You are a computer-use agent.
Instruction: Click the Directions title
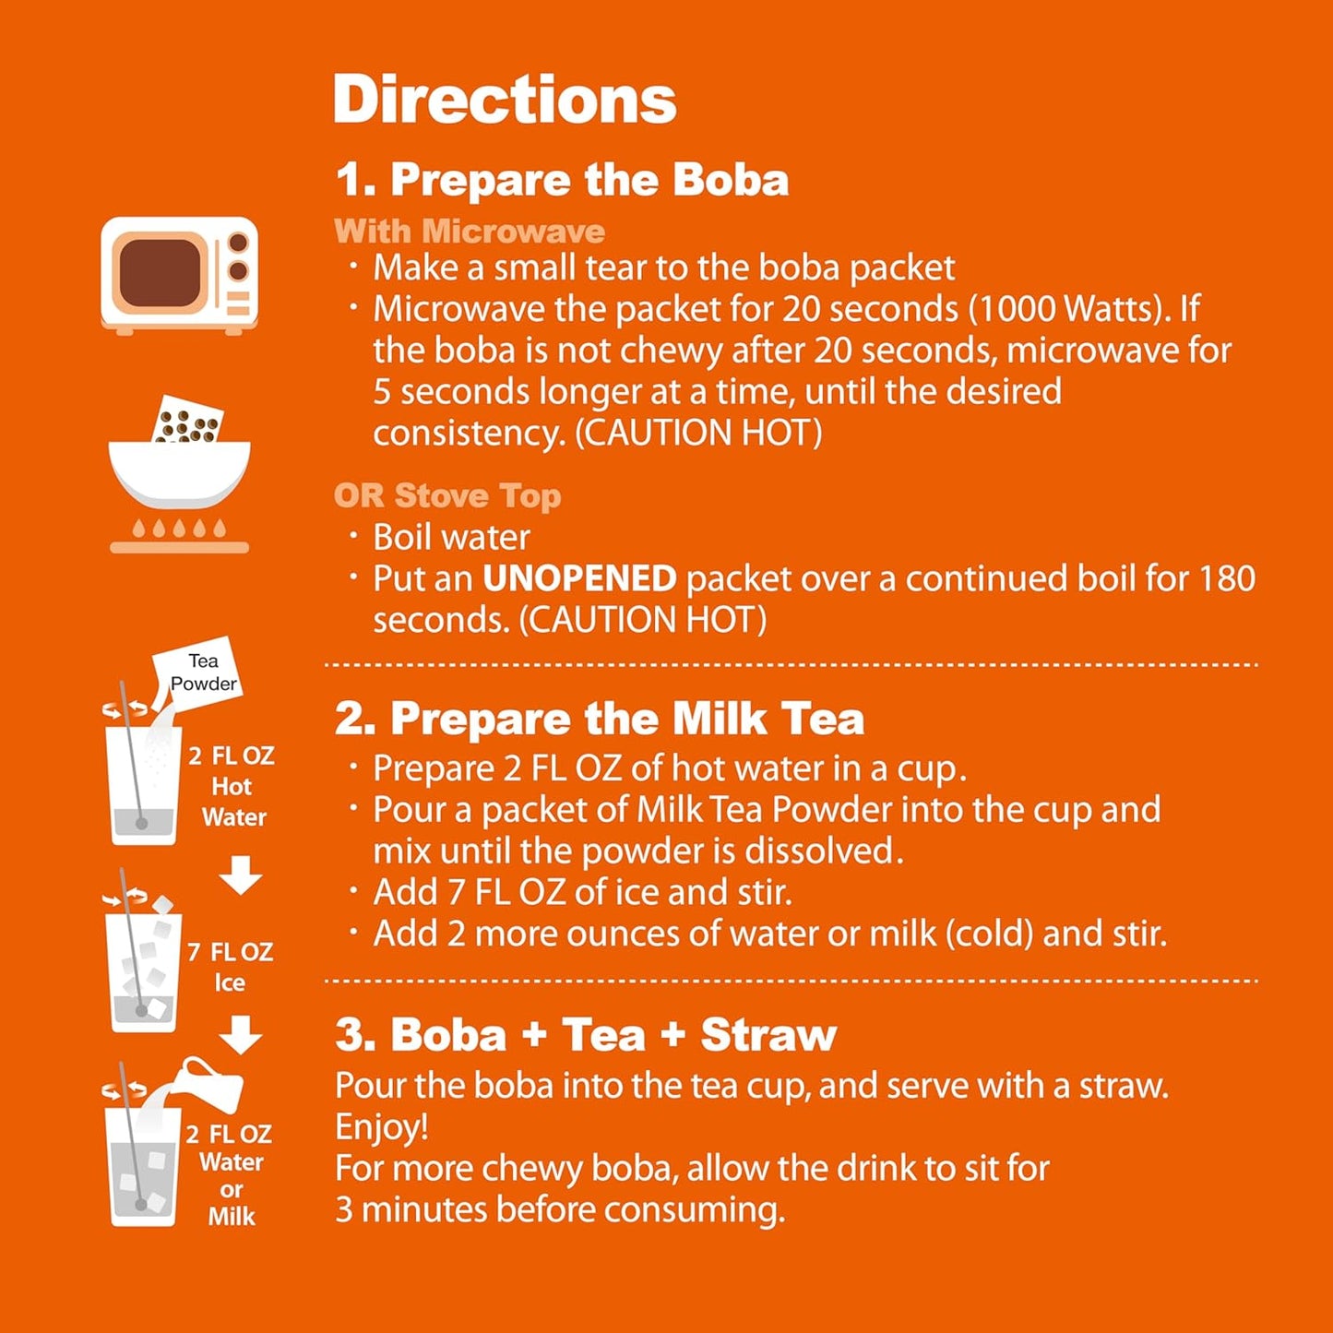click(x=505, y=100)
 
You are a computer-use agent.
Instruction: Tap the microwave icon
click(x=179, y=274)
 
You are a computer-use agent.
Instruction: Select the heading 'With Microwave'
click(x=470, y=231)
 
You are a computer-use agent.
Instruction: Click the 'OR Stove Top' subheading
click(x=447, y=495)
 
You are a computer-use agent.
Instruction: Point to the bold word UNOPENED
click(x=580, y=578)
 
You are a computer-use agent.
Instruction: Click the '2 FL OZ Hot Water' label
click(x=232, y=786)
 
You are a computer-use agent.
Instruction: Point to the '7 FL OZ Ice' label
click(x=230, y=966)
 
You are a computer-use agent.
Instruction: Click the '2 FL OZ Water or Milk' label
click(x=230, y=1174)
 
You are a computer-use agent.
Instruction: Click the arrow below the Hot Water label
click(x=241, y=875)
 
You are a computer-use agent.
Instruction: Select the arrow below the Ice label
click(x=241, y=1034)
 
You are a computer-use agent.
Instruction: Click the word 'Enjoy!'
click(x=382, y=1126)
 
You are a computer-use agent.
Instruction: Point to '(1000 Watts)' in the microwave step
click(x=1069, y=309)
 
